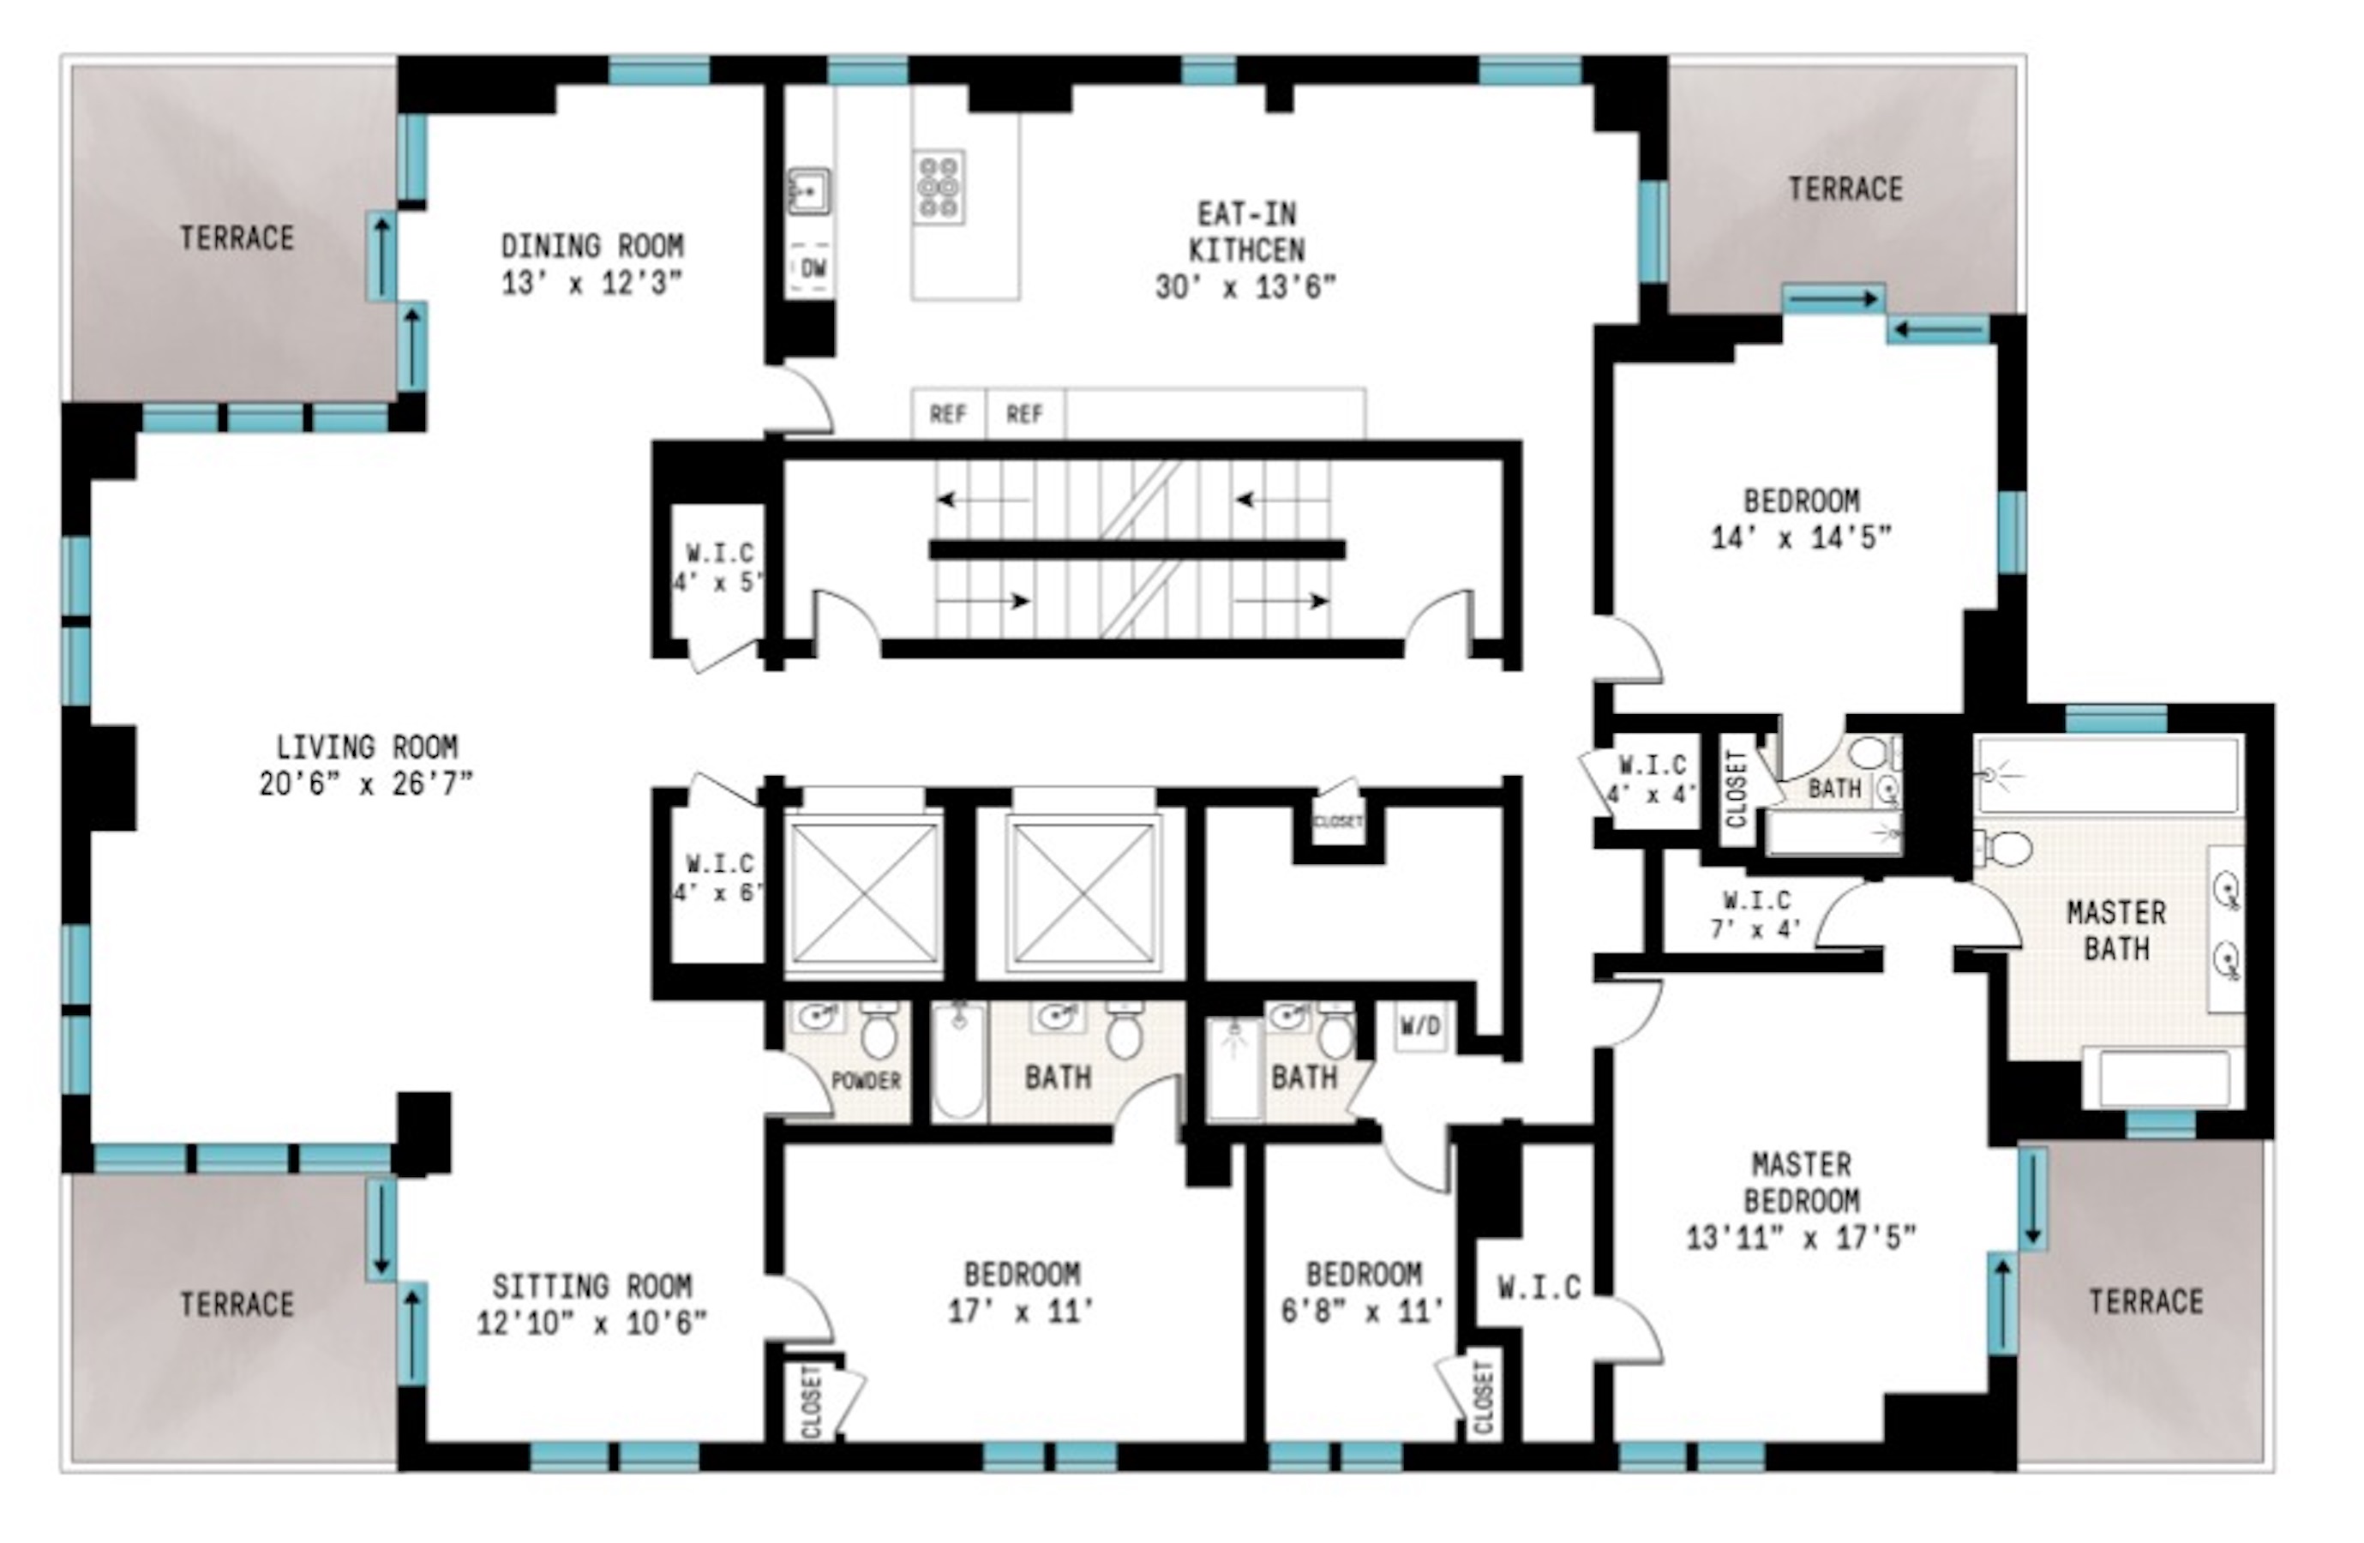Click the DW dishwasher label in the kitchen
[813, 267]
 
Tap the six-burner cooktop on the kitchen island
[939, 186]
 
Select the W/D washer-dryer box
[1419, 1026]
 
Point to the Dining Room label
[592, 245]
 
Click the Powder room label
[865, 1080]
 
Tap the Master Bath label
[2115, 930]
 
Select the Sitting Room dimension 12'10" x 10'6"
[592, 1324]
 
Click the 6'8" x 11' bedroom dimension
[1363, 1312]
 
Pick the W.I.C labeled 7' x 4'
[1756, 915]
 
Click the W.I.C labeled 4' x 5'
[718, 567]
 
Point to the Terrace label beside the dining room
[237, 238]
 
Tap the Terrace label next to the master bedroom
[2145, 1300]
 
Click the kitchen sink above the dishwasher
[809, 189]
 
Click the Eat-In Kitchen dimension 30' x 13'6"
[1245, 287]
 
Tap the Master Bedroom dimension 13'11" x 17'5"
[1801, 1238]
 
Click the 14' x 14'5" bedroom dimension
[1801, 537]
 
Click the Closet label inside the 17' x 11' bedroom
[813, 1401]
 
